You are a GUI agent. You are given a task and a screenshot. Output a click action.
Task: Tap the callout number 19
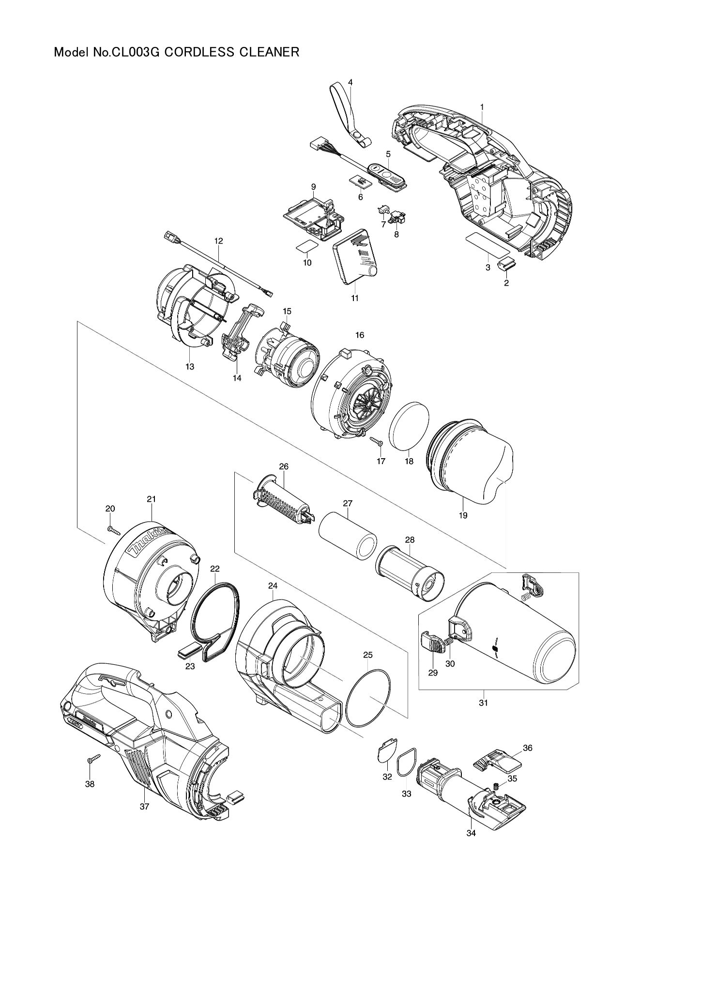463,515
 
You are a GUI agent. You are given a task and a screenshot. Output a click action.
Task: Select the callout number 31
483,703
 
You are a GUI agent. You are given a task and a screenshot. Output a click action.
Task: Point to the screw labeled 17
377,441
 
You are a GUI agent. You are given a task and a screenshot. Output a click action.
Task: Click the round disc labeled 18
410,425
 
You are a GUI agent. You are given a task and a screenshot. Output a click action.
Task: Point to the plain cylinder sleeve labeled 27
348,536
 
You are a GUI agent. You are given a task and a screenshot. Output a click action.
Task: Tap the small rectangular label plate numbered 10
306,246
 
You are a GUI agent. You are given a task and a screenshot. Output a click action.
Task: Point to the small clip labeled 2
507,266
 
